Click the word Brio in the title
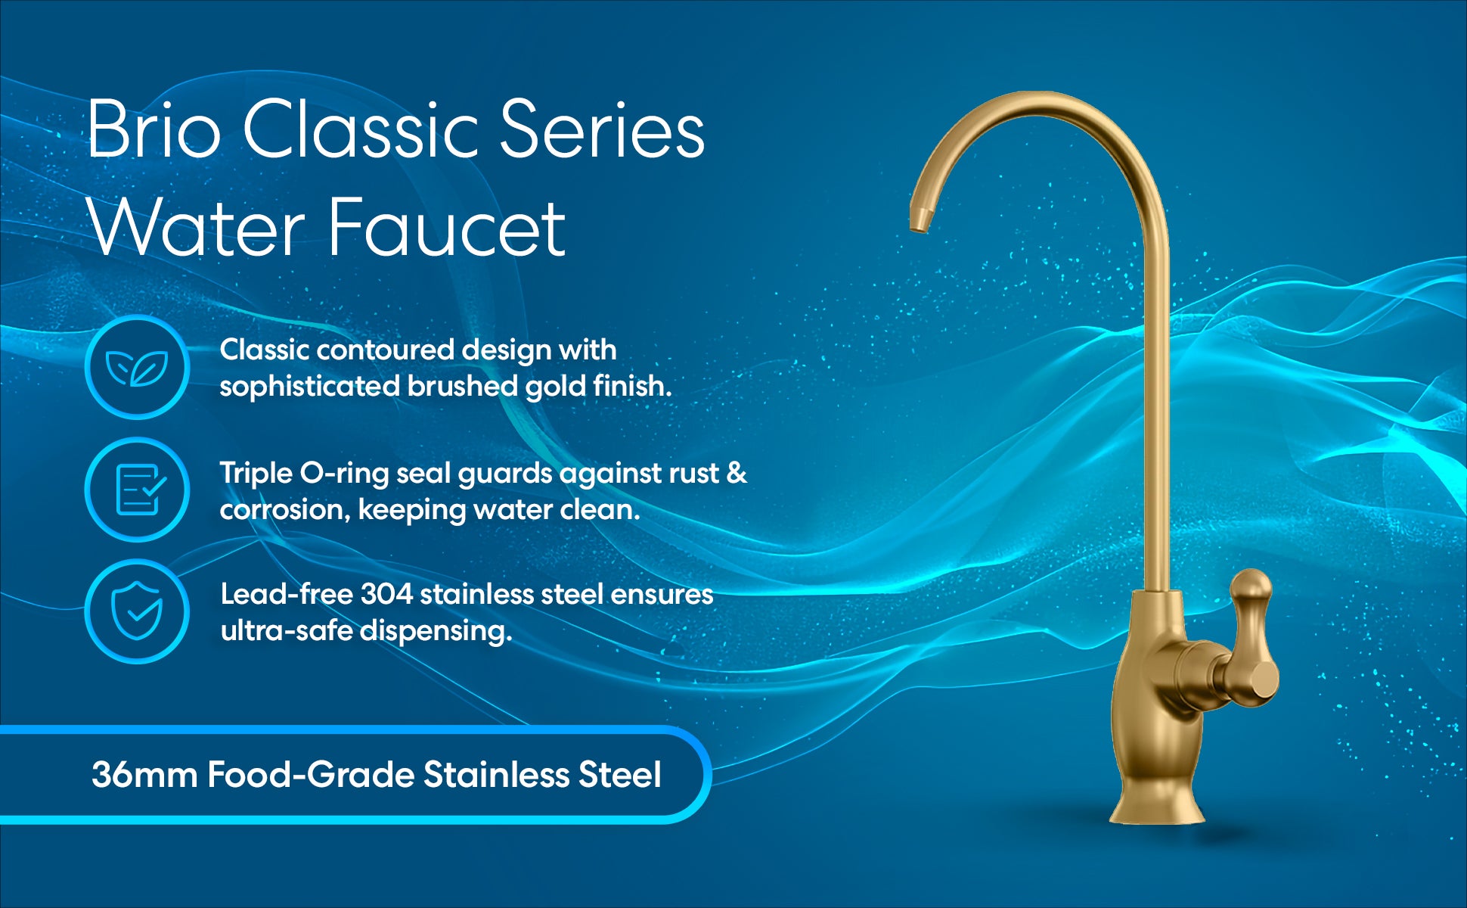click(x=154, y=129)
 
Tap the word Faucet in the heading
click(x=447, y=227)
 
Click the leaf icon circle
click(x=137, y=367)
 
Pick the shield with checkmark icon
click(x=137, y=611)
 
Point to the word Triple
click(x=256, y=474)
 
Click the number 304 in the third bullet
click(x=386, y=594)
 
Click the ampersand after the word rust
click(x=737, y=473)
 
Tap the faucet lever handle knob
click(x=1251, y=587)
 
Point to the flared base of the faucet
click(x=1156, y=802)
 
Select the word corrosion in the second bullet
click(x=285, y=510)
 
